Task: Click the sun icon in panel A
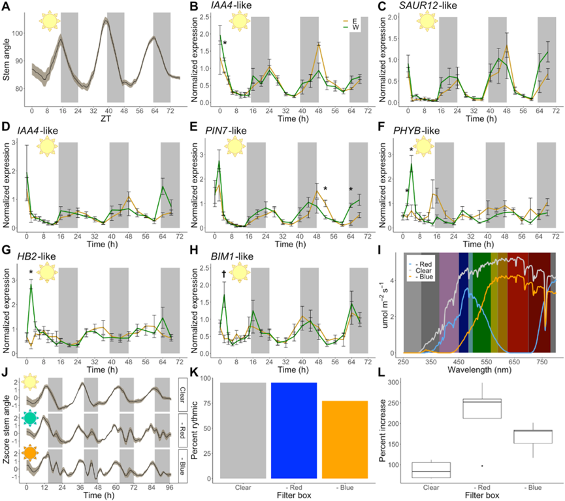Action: point(49,20)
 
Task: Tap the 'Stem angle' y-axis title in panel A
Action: point(7,59)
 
